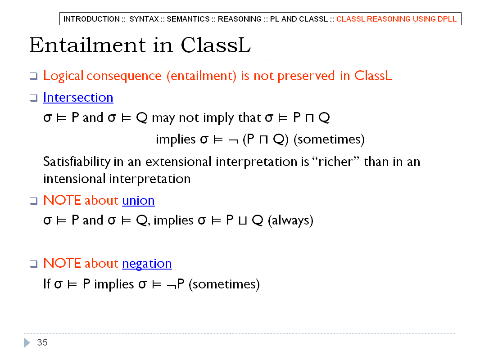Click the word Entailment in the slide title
point(87,45)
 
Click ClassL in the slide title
point(216,45)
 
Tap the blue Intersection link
point(78,97)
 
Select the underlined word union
point(138,200)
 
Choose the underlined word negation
point(147,264)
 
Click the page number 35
point(42,342)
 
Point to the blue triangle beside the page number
point(27,342)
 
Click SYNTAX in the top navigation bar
point(144,19)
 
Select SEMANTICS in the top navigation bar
point(188,19)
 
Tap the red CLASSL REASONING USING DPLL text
point(396,19)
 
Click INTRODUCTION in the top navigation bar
point(91,19)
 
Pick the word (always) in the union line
point(290,220)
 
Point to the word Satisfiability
point(77,162)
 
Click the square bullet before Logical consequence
point(33,76)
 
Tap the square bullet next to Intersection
point(33,98)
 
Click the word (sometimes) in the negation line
point(224,284)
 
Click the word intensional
point(74,179)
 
